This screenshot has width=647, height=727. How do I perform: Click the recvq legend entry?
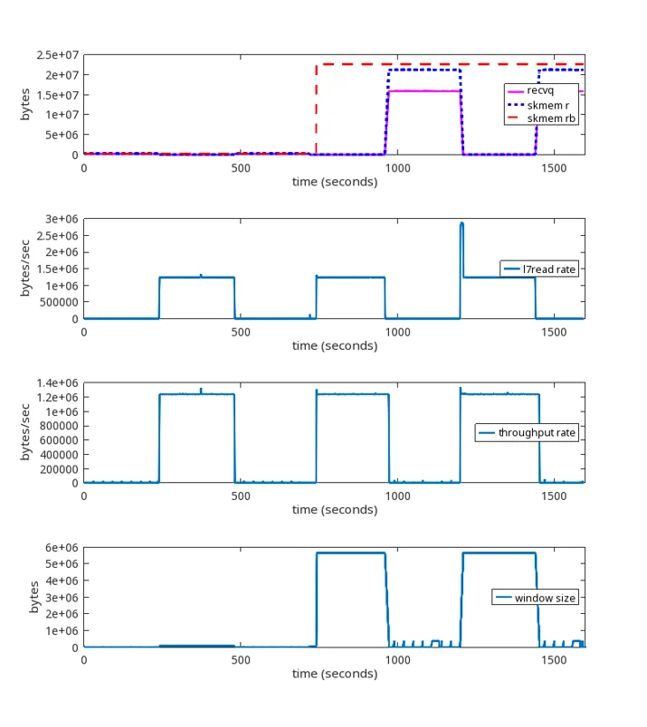540,90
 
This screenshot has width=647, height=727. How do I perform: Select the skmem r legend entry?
547,105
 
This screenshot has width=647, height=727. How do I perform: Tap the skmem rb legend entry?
551,118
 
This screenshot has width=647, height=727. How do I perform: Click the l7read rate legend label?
549,269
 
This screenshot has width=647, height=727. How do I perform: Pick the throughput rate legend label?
537,432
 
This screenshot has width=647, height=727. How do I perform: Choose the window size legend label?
545,598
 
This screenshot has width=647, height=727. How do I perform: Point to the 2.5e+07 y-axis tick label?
58,55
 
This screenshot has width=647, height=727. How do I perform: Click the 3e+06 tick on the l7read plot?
62,219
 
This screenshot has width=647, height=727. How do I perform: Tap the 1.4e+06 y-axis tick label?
58,383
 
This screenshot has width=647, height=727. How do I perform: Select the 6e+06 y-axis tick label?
62,548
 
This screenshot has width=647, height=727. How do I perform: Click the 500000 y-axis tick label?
59,302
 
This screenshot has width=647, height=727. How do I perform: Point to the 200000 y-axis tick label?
59,469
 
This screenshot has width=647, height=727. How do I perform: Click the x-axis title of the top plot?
335,182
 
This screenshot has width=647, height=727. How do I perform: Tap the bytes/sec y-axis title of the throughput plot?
25,432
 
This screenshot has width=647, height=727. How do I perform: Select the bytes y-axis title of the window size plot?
33,597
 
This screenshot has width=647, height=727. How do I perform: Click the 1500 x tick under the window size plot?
554,660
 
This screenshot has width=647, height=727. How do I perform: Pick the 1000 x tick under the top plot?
398,168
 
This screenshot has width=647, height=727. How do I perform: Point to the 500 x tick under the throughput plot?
241,496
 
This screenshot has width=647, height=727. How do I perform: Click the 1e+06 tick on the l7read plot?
62,286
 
